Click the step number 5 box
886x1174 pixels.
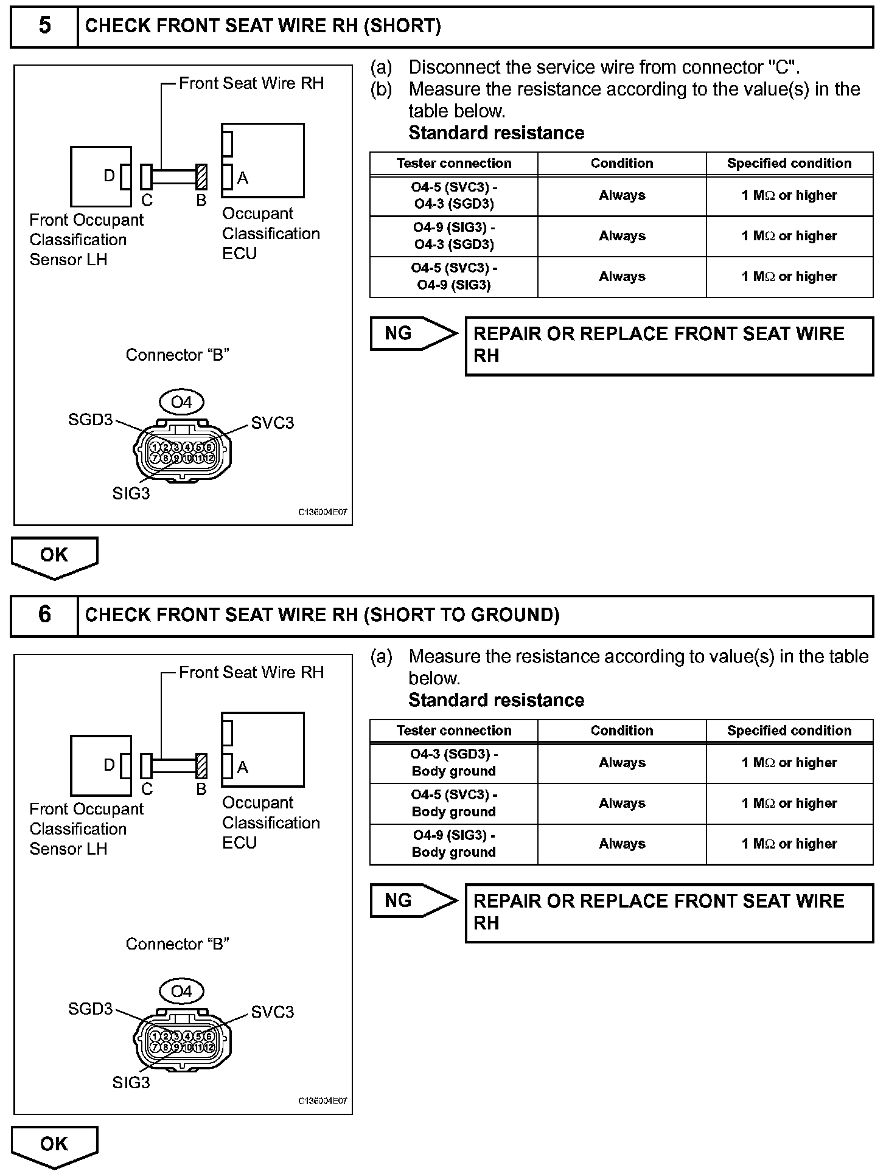44,26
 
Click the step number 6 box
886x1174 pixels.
44,615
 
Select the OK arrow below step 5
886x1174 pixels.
54,556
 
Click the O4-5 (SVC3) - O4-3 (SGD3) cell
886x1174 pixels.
454,196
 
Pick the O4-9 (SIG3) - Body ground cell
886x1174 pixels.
454,844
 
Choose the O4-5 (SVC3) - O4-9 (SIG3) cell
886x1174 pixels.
454,277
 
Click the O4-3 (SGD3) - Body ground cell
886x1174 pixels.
454,763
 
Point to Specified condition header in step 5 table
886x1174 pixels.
789,164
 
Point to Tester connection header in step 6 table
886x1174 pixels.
454,731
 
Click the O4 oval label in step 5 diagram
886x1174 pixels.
181,402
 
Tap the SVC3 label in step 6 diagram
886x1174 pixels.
272,1012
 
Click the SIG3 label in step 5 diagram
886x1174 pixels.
131,493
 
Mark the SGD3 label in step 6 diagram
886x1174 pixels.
91,1009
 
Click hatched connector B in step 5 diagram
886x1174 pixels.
201,176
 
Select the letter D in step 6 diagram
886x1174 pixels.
109,765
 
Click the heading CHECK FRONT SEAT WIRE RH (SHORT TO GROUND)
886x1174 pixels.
322,615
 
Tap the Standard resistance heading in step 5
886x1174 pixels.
496,133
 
